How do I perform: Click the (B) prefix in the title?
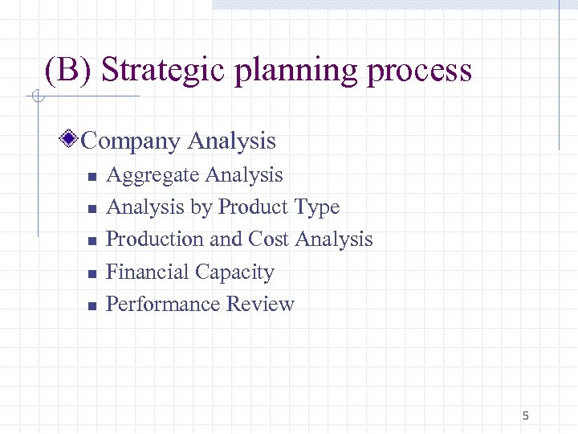click(x=70, y=71)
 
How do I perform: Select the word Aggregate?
click(x=153, y=175)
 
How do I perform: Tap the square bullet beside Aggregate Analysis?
click(x=92, y=177)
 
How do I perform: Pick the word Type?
click(x=317, y=208)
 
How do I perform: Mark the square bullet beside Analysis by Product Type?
click(x=92, y=209)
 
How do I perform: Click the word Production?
click(x=155, y=240)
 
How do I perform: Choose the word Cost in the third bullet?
click(x=269, y=240)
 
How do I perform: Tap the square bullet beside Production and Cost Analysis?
click(x=92, y=241)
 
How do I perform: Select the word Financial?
click(x=147, y=272)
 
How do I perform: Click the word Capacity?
click(x=234, y=273)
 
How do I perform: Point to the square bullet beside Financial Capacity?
click(x=92, y=274)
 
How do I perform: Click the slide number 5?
click(x=526, y=416)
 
